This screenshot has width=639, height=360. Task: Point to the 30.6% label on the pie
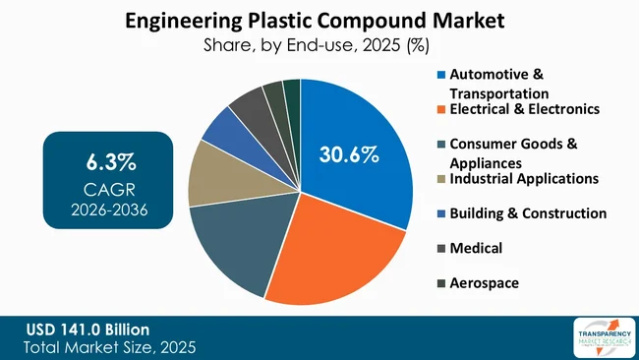[x=349, y=154]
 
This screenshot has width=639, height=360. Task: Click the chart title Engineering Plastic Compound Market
[x=319, y=20]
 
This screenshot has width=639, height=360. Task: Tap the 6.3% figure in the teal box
[x=108, y=160]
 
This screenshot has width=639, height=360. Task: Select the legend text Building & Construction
[x=528, y=212]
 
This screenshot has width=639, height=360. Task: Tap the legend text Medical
[x=477, y=248]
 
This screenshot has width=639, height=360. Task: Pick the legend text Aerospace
[x=485, y=283]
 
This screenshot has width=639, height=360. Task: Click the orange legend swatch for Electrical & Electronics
[x=441, y=109]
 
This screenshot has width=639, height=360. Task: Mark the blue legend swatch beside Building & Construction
[x=441, y=213]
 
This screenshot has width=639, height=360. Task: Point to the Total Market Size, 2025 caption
[x=108, y=346]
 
